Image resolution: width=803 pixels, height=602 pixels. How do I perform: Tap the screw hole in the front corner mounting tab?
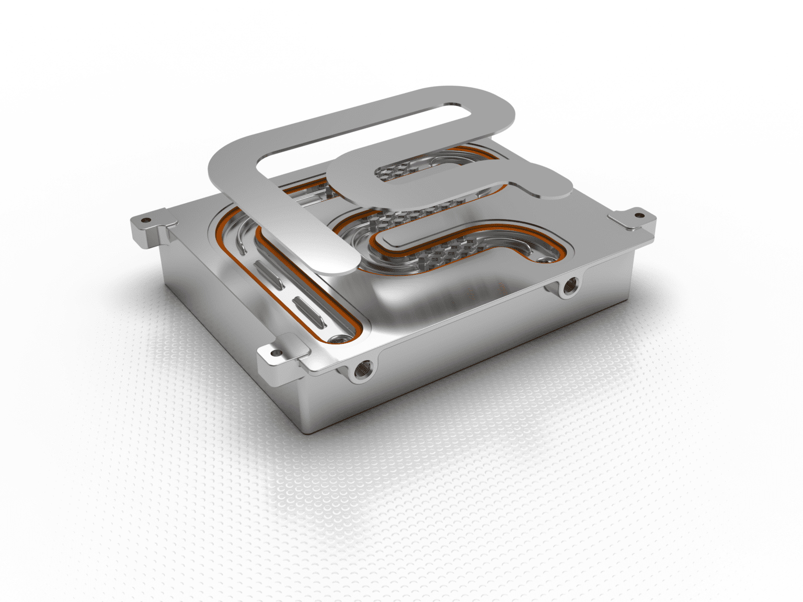(x=276, y=354)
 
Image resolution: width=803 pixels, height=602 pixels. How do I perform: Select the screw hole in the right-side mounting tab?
(x=638, y=215)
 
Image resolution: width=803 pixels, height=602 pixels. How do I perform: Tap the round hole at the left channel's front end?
(x=341, y=339)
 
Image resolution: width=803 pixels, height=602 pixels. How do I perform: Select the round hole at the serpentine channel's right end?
(x=547, y=259)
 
